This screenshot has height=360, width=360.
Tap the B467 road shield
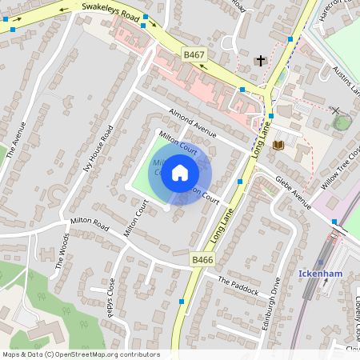pyautogui.click(x=194, y=54)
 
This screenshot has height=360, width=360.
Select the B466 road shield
pyautogui.click(x=202, y=260)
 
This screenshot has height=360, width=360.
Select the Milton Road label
pyautogui.click(x=89, y=222)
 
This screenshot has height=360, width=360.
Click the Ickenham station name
pyautogui.click(x=321, y=273)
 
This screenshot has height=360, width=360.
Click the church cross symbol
pyautogui.click(x=259, y=60)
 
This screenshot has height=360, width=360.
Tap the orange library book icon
pyautogui.click(x=278, y=145)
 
